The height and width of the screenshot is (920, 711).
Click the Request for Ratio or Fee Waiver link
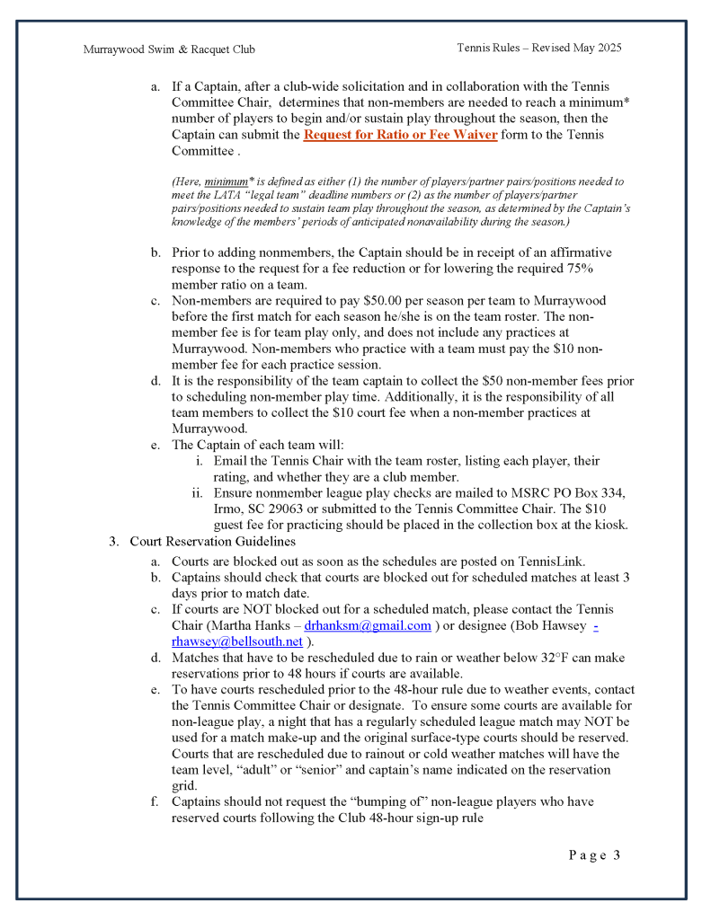coord(400,135)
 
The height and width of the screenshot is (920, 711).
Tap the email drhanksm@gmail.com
coord(368,625)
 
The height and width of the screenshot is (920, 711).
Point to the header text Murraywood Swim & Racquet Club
coord(169,49)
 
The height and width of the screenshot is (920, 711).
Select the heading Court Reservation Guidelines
coord(212,541)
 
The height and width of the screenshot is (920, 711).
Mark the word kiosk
coord(608,525)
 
